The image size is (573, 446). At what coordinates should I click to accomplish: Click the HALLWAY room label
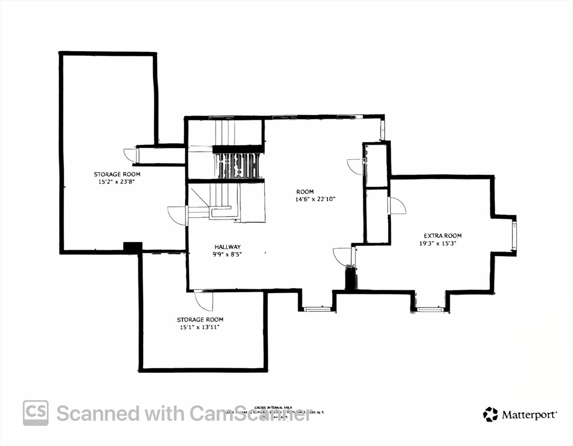coord(226,246)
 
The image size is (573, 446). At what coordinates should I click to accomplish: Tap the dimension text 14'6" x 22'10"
coord(315,199)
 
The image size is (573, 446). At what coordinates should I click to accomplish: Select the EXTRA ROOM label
coord(442,235)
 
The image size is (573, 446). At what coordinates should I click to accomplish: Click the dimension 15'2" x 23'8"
coord(117,182)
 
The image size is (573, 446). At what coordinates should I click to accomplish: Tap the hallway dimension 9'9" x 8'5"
coord(226,254)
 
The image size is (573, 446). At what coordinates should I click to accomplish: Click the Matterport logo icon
coord(490,414)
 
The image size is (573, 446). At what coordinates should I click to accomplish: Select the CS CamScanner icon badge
coord(35,413)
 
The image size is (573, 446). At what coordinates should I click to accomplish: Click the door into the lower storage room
coord(204,300)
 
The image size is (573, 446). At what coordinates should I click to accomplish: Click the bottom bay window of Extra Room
coord(430,309)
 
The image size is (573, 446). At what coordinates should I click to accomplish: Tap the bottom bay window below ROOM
coord(318,309)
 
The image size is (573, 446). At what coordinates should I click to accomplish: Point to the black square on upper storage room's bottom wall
coord(133,248)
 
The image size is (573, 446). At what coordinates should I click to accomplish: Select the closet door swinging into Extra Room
coord(397,206)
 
